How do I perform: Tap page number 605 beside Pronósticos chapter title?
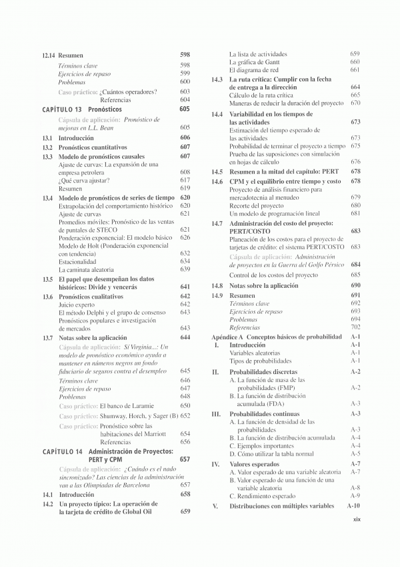185,108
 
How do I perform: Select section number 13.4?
47,198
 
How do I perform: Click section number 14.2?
47,504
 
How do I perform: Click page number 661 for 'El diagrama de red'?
355,70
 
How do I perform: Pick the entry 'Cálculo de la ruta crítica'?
261,96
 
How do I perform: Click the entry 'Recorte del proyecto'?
257,206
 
